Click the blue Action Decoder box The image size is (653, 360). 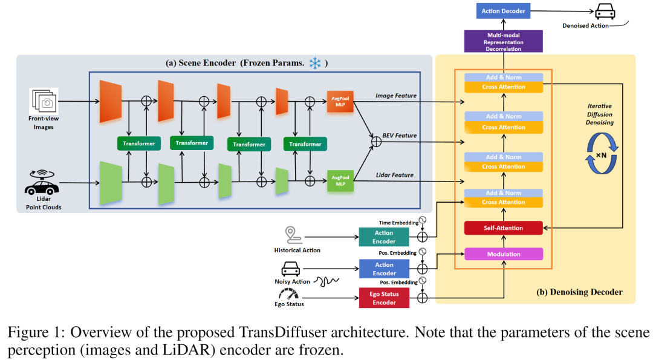[504, 11]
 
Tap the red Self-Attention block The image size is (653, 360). [504, 228]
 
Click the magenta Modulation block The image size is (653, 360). [504, 254]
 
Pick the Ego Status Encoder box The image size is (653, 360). [384, 298]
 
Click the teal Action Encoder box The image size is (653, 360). [384, 237]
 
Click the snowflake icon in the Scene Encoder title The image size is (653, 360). [314, 63]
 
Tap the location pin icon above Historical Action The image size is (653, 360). [293, 235]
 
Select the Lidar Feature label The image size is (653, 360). [394, 175]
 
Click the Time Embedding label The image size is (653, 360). [398, 223]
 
